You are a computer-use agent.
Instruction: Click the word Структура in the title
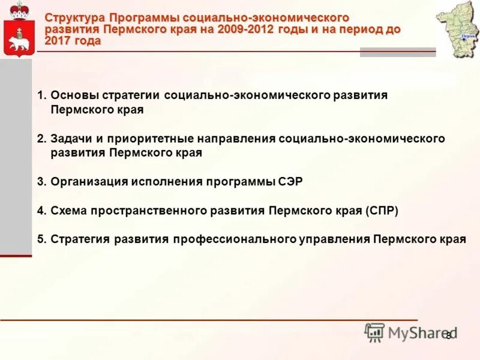[x=75, y=18]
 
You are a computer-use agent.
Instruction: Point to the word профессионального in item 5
[x=235, y=239]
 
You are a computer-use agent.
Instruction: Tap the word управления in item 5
[x=334, y=239]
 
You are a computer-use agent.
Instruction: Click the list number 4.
[x=41, y=211]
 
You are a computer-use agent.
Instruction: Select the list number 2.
[x=41, y=139]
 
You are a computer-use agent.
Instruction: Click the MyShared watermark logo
[x=410, y=332]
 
